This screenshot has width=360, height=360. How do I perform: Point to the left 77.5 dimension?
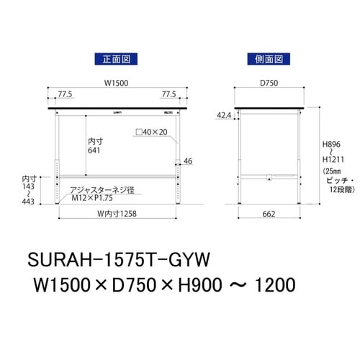point(66,94)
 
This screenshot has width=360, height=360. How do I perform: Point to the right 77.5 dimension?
point(168,94)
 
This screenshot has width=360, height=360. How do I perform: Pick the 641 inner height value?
point(95,151)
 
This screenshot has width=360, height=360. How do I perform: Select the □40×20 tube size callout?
point(152,132)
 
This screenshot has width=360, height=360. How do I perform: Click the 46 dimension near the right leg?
point(189,161)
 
